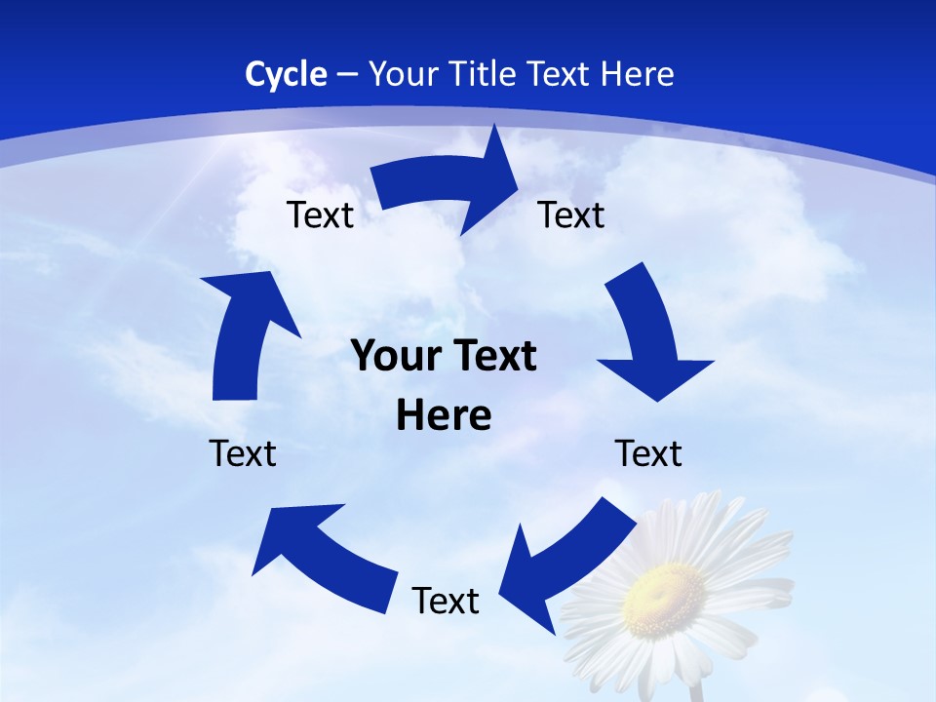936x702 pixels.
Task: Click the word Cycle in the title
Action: [286, 74]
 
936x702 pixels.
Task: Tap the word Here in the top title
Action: [634, 74]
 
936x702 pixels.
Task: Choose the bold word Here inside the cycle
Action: [444, 415]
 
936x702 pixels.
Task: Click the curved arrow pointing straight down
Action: [648, 336]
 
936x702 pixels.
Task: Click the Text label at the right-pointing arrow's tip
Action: [571, 214]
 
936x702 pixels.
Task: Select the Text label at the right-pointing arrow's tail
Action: [320, 214]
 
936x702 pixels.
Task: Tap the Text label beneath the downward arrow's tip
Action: [648, 453]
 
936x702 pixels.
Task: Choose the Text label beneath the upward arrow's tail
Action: [243, 453]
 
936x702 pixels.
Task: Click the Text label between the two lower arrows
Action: [446, 601]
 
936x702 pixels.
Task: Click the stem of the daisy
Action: [695, 690]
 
